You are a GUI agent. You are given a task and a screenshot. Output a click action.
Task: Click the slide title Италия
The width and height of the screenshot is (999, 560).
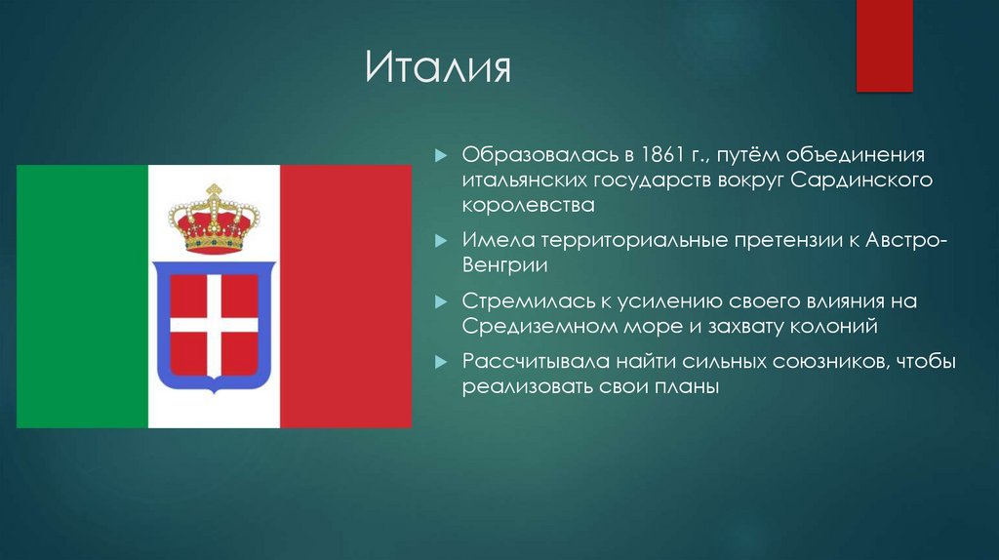(438, 70)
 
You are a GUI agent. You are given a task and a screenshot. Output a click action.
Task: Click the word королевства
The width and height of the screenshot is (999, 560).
(528, 206)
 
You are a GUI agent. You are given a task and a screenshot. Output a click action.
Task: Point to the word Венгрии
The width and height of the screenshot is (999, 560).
(505, 264)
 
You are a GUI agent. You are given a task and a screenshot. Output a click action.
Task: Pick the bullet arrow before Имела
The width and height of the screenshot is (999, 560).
(442, 240)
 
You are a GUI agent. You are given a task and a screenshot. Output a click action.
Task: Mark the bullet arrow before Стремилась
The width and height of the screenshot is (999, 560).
(442, 301)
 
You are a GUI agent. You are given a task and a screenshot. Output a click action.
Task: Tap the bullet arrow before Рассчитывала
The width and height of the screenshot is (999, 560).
(442, 363)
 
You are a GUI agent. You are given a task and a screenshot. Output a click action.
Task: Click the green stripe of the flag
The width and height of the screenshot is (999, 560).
(82, 297)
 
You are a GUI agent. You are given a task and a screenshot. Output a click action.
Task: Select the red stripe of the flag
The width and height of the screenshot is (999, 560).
(345, 297)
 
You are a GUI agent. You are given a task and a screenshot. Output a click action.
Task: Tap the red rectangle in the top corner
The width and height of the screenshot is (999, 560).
(883, 44)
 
